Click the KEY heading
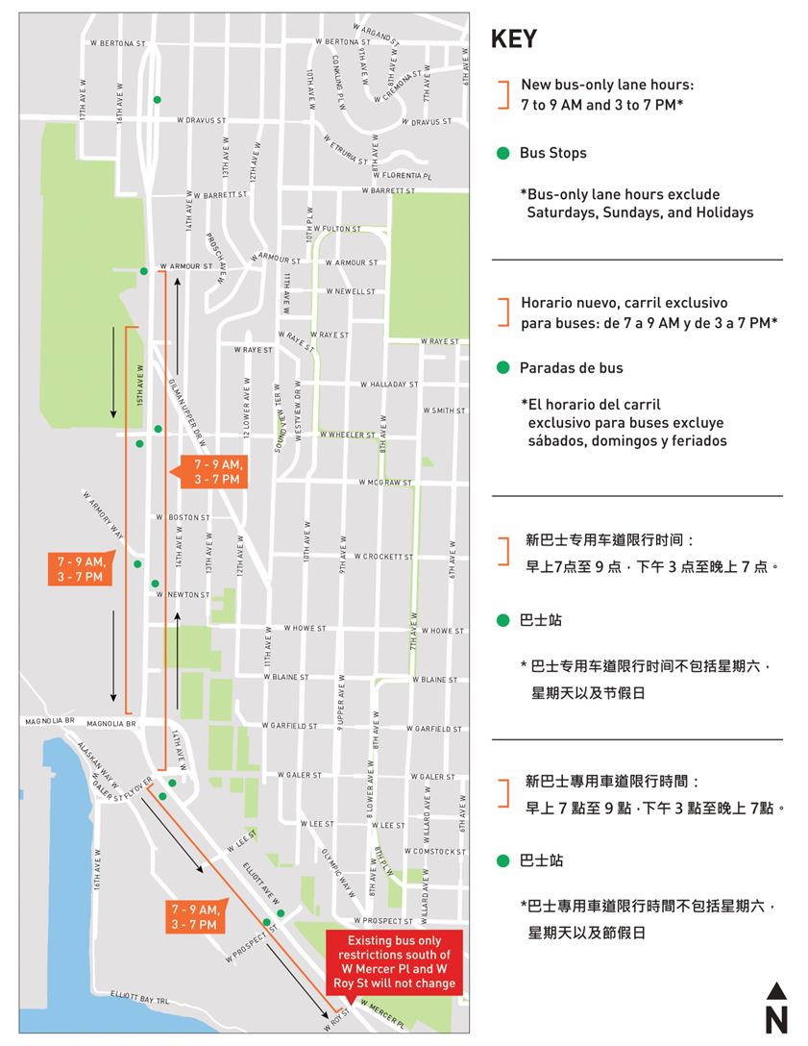(x=514, y=39)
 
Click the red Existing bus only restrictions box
(x=393, y=962)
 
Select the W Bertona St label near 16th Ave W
(x=117, y=43)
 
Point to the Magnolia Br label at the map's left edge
(x=50, y=720)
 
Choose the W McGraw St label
(x=385, y=483)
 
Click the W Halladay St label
(x=389, y=385)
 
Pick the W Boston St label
(x=183, y=518)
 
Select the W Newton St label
(x=183, y=595)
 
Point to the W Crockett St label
(x=383, y=557)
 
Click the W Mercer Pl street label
(x=381, y=1010)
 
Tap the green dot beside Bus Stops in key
(x=502, y=154)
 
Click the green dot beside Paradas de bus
(x=502, y=368)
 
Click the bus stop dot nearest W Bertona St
(x=157, y=100)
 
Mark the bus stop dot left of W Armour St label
(x=144, y=271)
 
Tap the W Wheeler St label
(x=348, y=435)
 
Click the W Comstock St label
(x=434, y=852)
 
